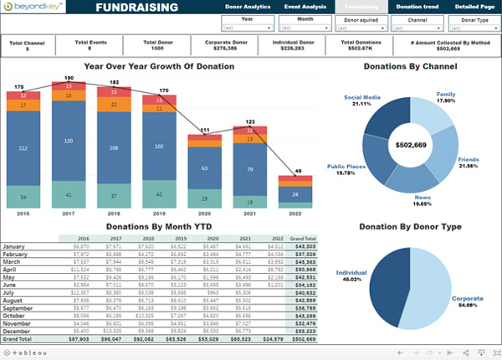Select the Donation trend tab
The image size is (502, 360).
point(418,7)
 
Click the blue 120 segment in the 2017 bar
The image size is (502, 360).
point(69,141)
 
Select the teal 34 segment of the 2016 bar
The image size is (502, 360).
point(23,198)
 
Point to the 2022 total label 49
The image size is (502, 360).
point(297,170)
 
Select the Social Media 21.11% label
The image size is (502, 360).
point(362,101)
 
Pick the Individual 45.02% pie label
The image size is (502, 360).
point(354,275)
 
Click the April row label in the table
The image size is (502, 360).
point(11,270)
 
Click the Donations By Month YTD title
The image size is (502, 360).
point(157,227)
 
